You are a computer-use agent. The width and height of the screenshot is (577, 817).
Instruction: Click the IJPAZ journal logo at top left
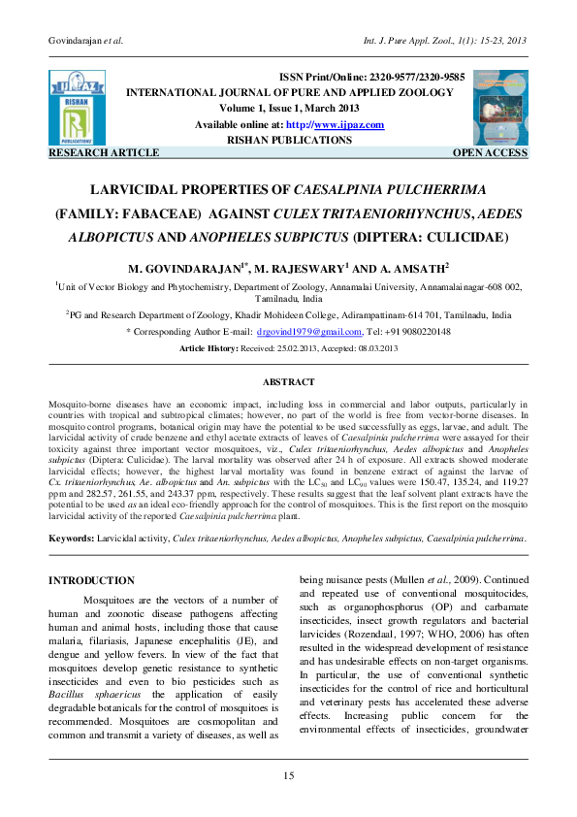[76, 107]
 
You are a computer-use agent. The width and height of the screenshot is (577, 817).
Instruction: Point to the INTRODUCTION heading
[92, 580]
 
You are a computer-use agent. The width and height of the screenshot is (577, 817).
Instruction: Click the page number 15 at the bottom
[288, 773]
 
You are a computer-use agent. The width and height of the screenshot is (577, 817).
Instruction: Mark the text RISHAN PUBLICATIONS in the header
[288, 140]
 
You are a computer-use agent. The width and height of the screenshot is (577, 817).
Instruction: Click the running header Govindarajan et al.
[88, 40]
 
